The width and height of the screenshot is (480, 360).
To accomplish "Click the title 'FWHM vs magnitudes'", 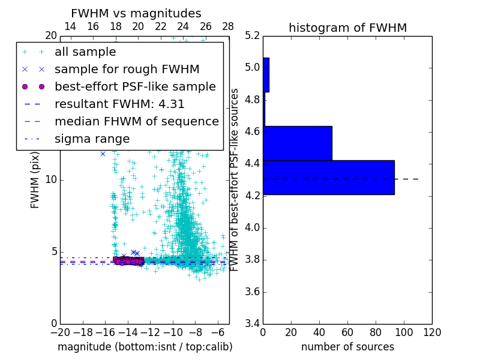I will (x=136, y=13).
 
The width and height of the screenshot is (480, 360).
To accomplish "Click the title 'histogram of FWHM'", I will (x=347, y=28).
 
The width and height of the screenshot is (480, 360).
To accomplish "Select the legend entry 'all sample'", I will (x=85, y=52).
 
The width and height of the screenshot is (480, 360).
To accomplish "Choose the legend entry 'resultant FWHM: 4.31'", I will (x=119, y=104).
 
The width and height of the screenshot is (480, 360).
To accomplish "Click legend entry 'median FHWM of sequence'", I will (x=136, y=122).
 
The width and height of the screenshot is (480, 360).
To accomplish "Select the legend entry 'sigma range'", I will (x=92, y=139).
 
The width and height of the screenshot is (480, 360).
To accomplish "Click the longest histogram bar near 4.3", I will (x=329, y=177).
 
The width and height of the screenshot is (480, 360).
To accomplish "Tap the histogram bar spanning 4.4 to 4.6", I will (x=298, y=143).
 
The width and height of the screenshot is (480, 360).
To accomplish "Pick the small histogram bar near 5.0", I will (x=266, y=74).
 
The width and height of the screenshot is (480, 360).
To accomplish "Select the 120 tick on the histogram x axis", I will (x=432, y=332).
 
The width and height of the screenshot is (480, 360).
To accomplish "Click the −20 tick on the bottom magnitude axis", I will (x=60, y=332).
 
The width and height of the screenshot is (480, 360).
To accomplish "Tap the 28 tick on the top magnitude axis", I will (x=228, y=26).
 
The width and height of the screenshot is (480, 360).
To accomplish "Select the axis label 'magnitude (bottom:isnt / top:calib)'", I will (x=145, y=347).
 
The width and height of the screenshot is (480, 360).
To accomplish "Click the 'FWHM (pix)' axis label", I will (x=35, y=180).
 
